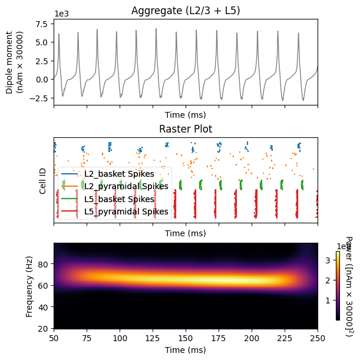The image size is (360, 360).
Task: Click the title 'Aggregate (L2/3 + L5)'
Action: tap(186, 11)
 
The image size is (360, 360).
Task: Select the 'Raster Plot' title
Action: tap(186, 129)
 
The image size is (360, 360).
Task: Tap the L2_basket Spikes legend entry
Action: tap(118, 174)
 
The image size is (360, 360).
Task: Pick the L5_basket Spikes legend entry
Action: tap(118, 199)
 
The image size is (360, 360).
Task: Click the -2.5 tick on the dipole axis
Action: tap(41, 98)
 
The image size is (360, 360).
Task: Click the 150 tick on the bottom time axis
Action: tap(186, 338)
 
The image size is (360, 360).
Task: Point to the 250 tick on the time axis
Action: tap(318, 338)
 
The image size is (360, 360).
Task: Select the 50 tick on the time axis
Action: tap(54, 338)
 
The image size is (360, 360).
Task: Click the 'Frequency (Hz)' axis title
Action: tap(29, 286)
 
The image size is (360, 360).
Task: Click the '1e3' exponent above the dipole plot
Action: tap(60, 14)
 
